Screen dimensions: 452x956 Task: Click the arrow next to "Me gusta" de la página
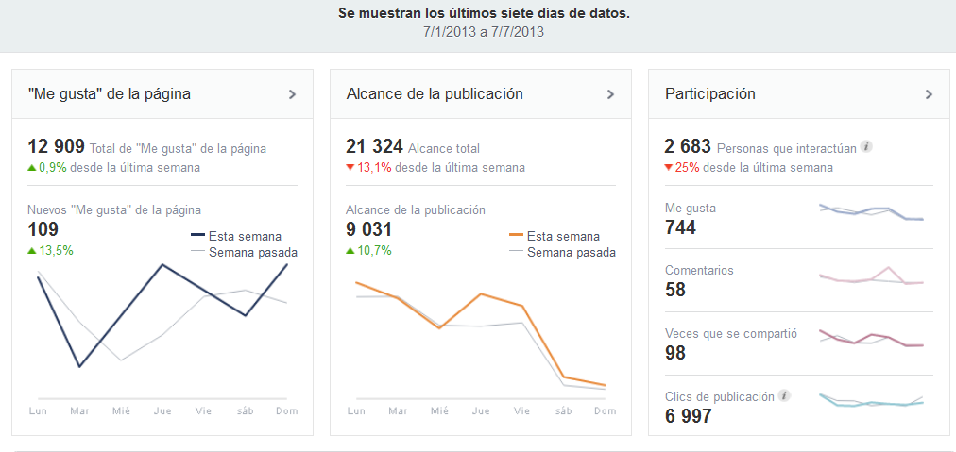click(x=292, y=94)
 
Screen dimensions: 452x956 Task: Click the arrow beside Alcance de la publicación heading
click(x=610, y=94)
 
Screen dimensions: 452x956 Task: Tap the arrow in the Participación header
click(x=929, y=94)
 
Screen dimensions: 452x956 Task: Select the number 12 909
click(x=56, y=147)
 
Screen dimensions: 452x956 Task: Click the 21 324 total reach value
click(x=374, y=147)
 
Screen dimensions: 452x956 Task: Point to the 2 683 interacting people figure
click(x=689, y=147)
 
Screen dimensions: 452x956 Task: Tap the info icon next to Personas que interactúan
click(x=866, y=147)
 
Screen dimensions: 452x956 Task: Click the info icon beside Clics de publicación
click(x=784, y=396)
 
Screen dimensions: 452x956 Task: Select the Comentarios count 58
click(x=675, y=290)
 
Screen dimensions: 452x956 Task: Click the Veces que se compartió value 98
click(x=675, y=353)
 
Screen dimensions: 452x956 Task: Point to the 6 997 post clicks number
click(x=689, y=416)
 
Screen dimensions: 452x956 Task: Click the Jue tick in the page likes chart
click(x=162, y=411)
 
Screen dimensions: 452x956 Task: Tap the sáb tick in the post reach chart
click(x=564, y=411)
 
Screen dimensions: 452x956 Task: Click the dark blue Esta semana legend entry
click(x=235, y=237)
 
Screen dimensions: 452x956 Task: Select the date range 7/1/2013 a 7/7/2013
click(x=484, y=32)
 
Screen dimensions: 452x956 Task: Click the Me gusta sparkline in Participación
click(x=870, y=212)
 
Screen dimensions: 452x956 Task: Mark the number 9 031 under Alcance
click(x=368, y=229)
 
